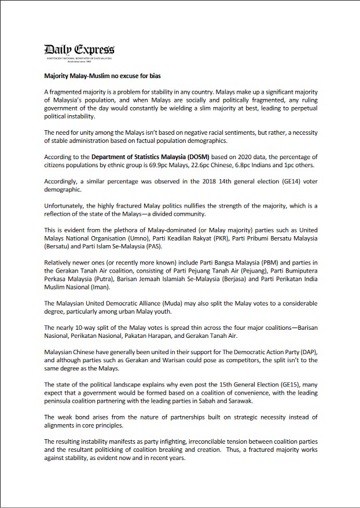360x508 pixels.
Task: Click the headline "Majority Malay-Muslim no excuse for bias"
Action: click(102, 76)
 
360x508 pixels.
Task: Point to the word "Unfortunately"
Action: click(64, 205)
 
